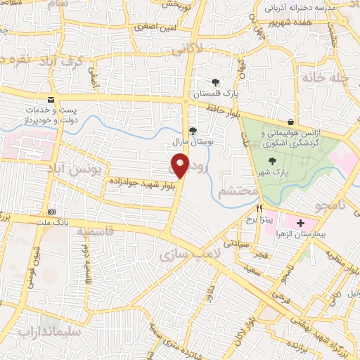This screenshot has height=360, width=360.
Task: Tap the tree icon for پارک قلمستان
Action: pos(214,82)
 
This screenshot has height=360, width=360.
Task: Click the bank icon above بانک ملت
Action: pos(51,212)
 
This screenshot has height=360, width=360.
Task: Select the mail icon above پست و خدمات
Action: pos(51,99)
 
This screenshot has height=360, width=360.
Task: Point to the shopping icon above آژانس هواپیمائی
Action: pos(292,121)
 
